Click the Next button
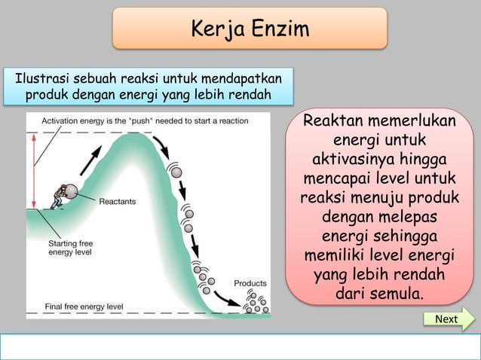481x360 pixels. click(x=446, y=319)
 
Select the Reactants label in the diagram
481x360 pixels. click(x=117, y=201)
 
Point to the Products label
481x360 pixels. click(x=250, y=283)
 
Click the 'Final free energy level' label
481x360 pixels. click(x=84, y=307)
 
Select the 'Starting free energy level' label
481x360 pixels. click(x=72, y=248)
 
